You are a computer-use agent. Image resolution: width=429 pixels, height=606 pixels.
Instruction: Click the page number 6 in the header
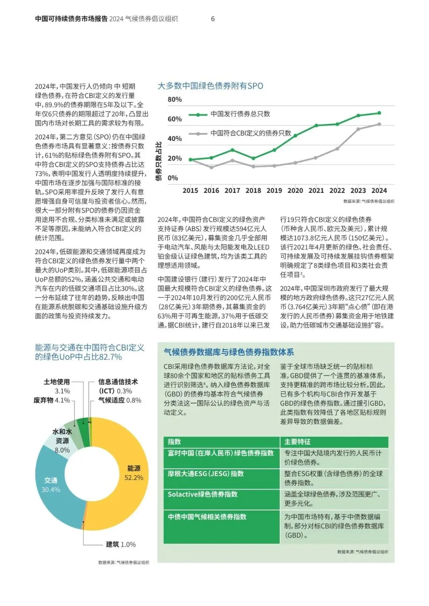(x=213, y=19)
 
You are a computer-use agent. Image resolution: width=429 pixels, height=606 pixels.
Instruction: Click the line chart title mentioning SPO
(x=210, y=86)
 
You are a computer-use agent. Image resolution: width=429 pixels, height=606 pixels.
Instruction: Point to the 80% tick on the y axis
(x=175, y=99)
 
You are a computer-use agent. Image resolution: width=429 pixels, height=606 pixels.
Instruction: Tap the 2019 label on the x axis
(x=274, y=190)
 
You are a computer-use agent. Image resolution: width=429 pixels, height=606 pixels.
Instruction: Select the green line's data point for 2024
(x=379, y=113)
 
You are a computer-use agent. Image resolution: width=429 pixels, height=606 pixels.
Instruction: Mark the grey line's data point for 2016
(x=211, y=167)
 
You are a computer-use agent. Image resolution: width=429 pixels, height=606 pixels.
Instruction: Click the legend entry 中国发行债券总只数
(x=240, y=114)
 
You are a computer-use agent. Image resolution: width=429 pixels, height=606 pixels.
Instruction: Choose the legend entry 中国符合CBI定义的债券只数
(x=251, y=133)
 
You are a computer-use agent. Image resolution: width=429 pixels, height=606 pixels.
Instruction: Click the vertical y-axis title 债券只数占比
(x=159, y=161)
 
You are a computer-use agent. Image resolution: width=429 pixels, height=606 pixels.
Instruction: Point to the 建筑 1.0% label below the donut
(x=120, y=544)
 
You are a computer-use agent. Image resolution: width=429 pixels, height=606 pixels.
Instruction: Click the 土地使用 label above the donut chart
(x=57, y=382)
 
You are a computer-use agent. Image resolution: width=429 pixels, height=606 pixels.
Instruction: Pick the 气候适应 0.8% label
(x=120, y=400)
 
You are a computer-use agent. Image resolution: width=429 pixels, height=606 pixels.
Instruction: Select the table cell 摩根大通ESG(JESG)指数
(x=206, y=473)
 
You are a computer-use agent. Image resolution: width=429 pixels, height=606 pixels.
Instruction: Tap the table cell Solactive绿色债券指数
(x=203, y=494)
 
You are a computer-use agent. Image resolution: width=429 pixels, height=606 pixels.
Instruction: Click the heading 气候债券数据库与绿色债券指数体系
(x=229, y=352)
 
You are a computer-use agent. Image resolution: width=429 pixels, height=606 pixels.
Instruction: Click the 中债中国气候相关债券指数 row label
(x=207, y=517)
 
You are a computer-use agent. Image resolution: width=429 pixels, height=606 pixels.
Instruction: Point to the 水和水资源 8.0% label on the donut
(x=62, y=441)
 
